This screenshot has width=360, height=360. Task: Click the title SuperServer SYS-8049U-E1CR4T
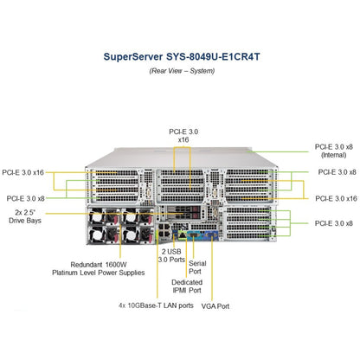coord(182,56)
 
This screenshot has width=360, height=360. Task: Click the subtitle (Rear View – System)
coord(182,71)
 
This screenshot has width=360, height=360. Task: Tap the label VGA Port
coord(215,306)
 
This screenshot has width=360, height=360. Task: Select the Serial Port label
coord(197,267)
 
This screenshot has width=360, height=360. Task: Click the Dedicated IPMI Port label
coord(187,286)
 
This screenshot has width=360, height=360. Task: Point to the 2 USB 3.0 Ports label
coord(171,255)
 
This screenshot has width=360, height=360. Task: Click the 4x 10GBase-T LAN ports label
coord(156,305)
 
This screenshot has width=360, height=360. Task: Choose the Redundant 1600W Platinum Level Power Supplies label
coord(99,268)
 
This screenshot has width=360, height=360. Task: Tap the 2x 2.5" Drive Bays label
coord(25,216)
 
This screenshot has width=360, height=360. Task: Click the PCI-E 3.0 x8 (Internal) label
coord(334,151)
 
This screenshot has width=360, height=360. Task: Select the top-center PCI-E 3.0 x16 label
coord(183,136)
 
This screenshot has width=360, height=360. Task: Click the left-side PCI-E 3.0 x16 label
coord(22,172)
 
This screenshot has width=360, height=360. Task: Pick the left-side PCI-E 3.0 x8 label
coord(26,198)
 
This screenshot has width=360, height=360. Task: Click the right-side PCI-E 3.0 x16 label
coord(336,198)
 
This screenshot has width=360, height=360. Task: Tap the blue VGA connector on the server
coord(212,235)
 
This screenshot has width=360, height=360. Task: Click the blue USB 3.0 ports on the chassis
coord(174,234)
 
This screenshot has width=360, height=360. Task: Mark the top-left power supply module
coord(104,216)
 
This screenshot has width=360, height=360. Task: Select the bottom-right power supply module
coord(138,235)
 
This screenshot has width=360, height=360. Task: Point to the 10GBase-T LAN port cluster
coord(164,230)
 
